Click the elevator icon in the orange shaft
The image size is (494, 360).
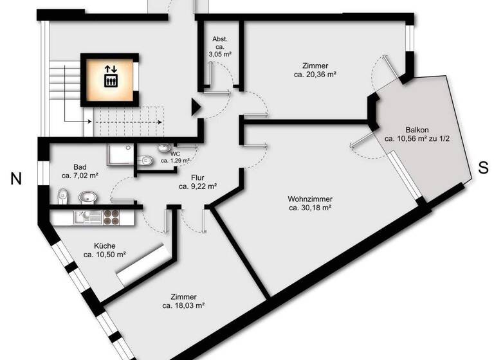[110, 76]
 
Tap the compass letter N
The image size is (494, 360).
[16, 180]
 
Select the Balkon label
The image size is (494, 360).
[416, 128]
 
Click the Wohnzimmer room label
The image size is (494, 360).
[309, 199]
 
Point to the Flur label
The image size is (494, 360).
[198, 177]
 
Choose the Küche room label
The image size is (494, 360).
[104, 246]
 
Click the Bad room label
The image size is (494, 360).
[80, 166]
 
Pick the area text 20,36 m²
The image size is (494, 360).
[316, 74]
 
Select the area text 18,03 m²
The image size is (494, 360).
[183, 305]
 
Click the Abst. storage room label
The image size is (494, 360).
[221, 39]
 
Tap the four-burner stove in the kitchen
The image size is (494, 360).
[110, 217]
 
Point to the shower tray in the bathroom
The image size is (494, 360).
[118, 155]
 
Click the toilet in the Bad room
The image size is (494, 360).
[62, 196]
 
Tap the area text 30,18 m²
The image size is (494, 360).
[310, 208]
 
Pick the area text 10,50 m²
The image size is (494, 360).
[105, 255]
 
